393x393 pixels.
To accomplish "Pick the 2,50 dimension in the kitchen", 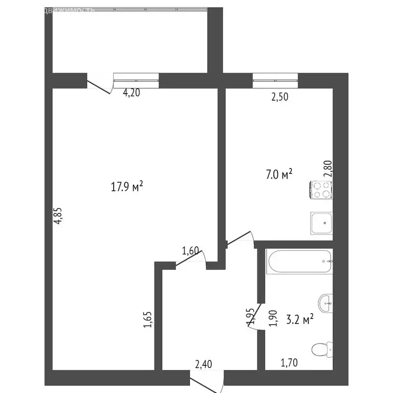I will (x=279, y=97).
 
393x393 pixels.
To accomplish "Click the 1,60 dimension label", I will (x=190, y=251).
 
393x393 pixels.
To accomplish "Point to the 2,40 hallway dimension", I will (x=203, y=364).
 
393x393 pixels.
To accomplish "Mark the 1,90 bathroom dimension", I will (x=273, y=318).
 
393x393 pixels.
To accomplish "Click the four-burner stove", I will (x=321, y=190).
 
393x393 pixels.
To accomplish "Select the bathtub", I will (x=300, y=261).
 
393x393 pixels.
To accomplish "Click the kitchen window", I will (x=275, y=77).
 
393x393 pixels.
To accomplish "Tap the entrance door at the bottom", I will (x=207, y=381).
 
